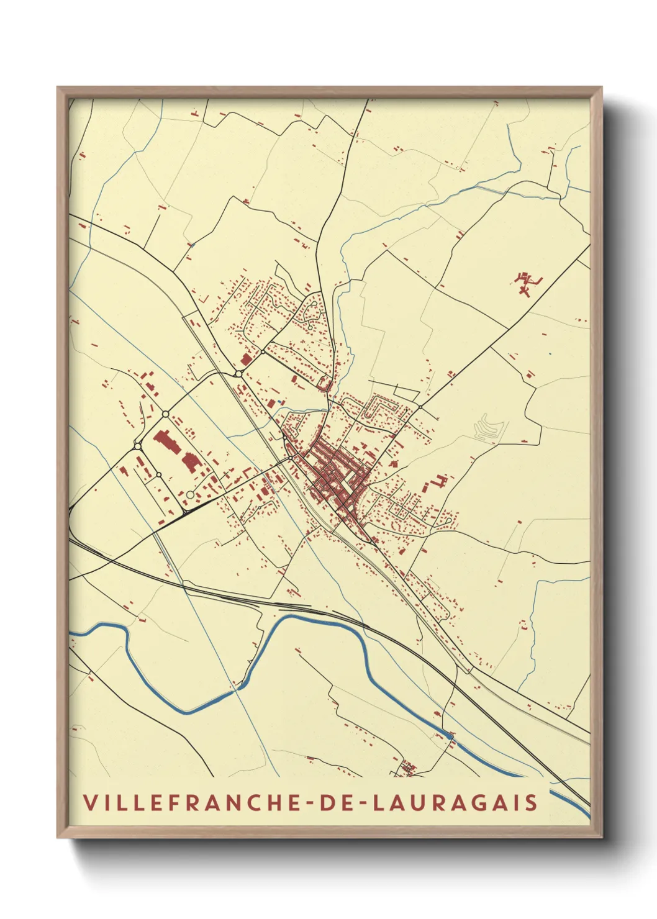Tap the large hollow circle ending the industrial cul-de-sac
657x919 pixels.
(189, 494)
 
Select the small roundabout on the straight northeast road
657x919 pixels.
(420, 407)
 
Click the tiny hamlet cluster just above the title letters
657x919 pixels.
(408, 769)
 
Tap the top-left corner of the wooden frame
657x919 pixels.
(58, 88)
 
